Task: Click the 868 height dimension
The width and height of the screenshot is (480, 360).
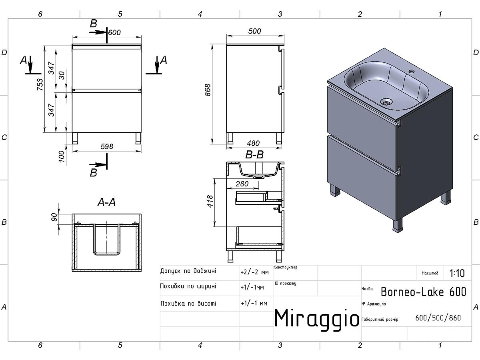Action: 208,90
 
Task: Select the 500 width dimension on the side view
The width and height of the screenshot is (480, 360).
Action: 254,31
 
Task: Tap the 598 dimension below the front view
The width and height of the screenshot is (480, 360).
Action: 107,146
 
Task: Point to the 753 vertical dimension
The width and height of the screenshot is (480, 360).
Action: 40,84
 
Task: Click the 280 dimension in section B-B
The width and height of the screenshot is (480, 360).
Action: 242,184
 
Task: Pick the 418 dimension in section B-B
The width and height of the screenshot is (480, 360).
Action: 210,201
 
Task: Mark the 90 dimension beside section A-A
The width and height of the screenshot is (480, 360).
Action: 54,217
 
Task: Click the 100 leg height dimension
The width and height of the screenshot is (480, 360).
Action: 62,156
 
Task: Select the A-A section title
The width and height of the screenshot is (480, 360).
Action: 106,202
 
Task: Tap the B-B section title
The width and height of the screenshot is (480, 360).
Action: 254,155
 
